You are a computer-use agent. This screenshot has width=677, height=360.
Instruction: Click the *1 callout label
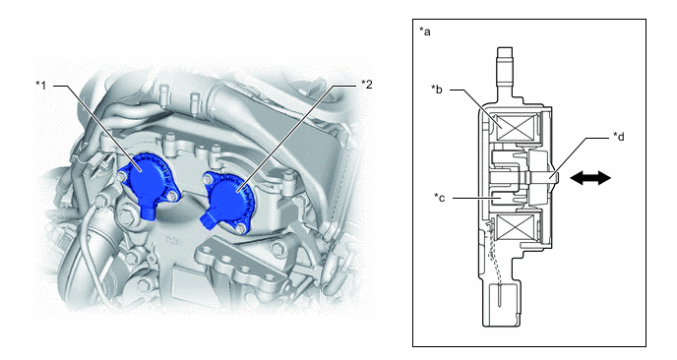tap(40, 85)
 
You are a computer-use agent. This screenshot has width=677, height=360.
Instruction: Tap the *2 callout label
tap(367, 85)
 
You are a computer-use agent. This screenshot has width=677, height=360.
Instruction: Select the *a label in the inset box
tap(425, 31)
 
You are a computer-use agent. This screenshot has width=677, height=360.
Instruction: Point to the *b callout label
tap(437, 90)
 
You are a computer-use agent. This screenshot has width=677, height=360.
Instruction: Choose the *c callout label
tap(439, 198)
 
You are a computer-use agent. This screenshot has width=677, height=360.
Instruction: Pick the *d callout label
tap(619, 138)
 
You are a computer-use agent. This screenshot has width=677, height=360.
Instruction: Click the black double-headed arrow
tap(590, 178)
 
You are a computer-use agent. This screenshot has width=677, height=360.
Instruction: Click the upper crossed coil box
tap(518, 128)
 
